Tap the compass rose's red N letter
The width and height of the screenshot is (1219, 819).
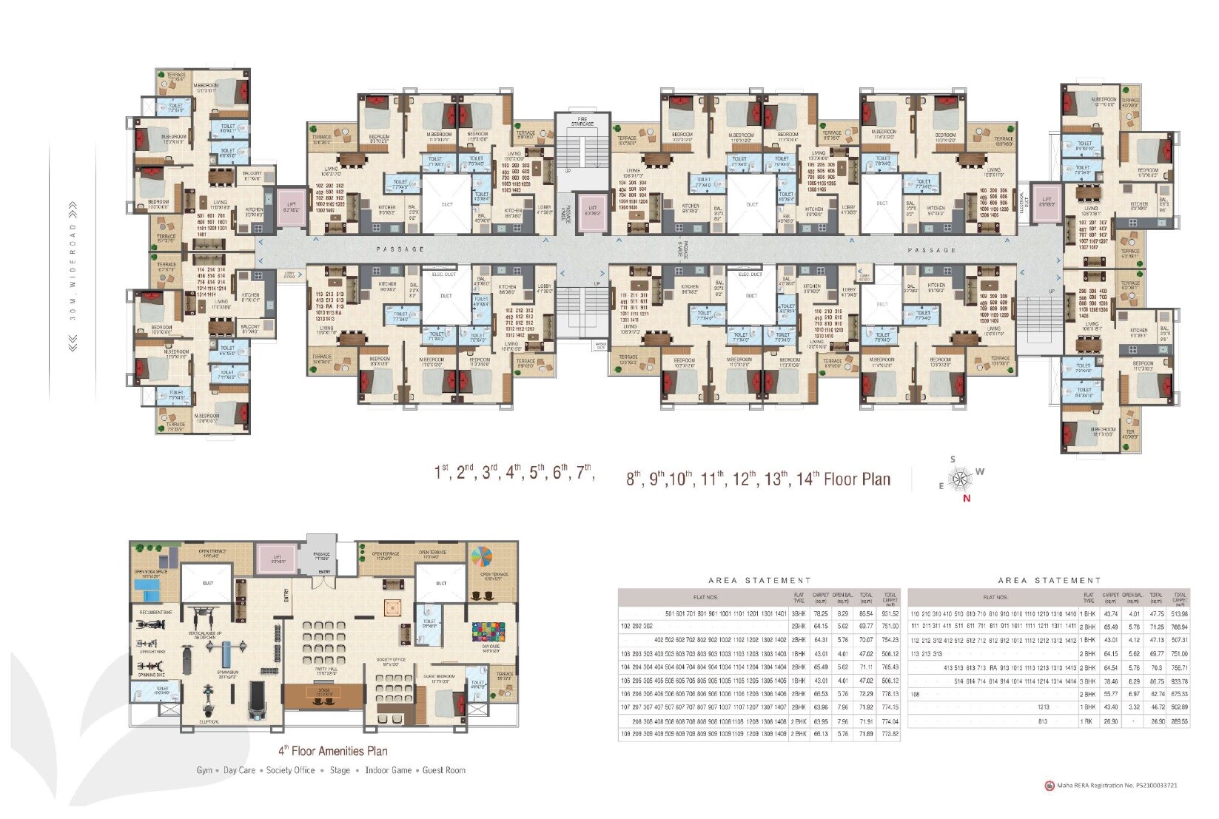click(966, 498)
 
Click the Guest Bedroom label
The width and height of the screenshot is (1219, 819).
click(439, 676)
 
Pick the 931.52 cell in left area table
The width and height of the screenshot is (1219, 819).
click(890, 614)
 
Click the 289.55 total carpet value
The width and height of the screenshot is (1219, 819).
click(1180, 721)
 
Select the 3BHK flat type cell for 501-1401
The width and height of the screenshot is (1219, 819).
click(799, 614)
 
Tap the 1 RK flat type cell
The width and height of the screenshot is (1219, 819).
click(1088, 721)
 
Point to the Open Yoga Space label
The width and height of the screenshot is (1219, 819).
click(150, 571)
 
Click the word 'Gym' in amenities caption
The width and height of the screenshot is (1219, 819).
click(204, 770)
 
